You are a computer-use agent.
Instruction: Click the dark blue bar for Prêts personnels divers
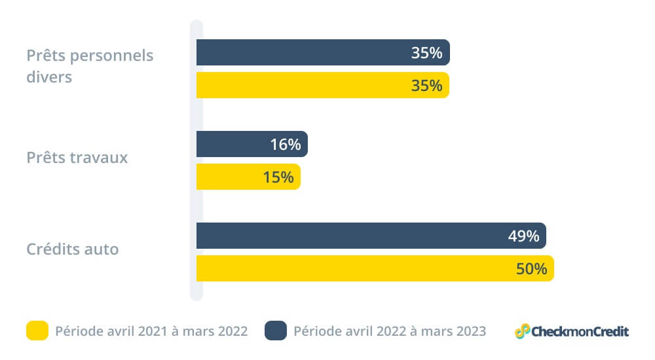coord(301,52)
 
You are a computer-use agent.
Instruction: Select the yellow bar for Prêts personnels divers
coord(301,85)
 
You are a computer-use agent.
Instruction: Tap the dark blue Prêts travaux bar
coord(236,144)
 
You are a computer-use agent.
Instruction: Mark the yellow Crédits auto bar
coord(354,268)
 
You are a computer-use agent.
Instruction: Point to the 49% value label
coord(523,236)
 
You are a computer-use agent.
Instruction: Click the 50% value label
coord(531,269)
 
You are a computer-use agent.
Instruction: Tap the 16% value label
coord(285,145)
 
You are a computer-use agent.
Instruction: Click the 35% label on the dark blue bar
coord(426,53)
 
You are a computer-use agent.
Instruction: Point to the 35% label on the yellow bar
coord(426,86)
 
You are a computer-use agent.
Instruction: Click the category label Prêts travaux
coord(77,158)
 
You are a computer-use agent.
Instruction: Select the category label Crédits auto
coord(73,249)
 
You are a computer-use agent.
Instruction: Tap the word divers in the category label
coord(49,77)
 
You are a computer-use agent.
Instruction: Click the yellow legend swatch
coord(37,331)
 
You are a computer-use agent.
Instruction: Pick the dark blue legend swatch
coord(276,331)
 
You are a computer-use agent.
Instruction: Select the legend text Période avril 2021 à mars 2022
coord(151,331)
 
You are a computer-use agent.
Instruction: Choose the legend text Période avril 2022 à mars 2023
coord(390,331)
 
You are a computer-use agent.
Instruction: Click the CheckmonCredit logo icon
coord(522,331)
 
